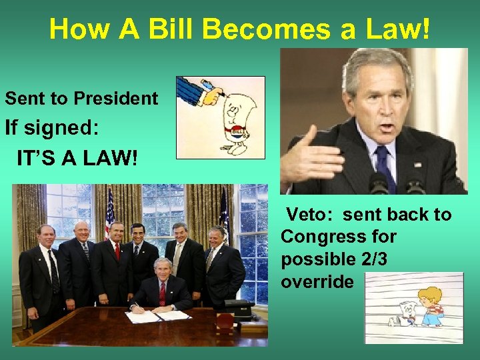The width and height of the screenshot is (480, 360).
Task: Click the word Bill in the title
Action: (x=183, y=29)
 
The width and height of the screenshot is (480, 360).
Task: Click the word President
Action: (x=116, y=99)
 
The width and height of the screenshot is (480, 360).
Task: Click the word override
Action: (x=317, y=282)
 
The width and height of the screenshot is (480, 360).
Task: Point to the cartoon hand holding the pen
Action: (x=201, y=91)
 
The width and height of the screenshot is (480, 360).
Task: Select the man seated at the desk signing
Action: (x=161, y=287)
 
